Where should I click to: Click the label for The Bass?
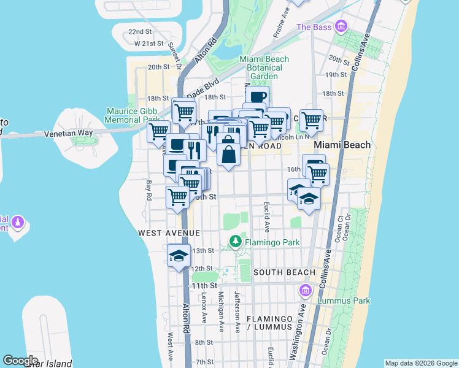pyautogui.click(x=314, y=27)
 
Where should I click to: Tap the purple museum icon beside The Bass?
pyautogui.click(x=342, y=26)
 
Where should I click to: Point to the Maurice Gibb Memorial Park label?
pyautogui.click(x=133, y=116)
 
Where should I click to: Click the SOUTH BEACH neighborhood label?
pyautogui.click(x=284, y=272)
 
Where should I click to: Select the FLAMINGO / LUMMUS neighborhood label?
pyautogui.click(x=270, y=323)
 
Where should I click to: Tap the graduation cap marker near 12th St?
pyautogui.click(x=179, y=256)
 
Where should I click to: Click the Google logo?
pyautogui.click(x=21, y=361)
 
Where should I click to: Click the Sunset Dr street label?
pyautogui.click(x=179, y=58)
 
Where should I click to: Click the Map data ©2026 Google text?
pyautogui.click(x=421, y=363)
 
